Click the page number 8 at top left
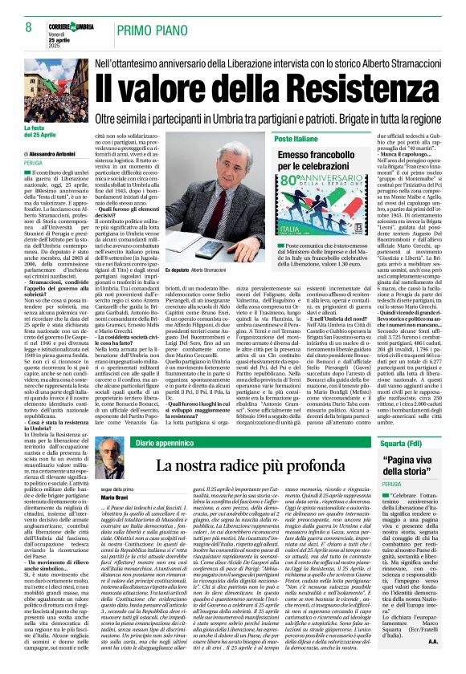(28, 27)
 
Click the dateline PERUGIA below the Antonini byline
(33, 162)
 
